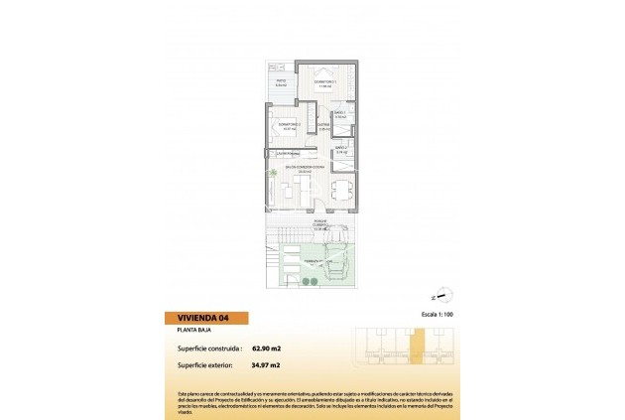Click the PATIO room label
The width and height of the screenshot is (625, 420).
[281, 82]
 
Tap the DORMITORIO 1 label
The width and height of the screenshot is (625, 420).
[325, 82]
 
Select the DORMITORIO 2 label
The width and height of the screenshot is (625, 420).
[291, 125]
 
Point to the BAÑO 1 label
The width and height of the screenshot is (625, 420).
[339, 115]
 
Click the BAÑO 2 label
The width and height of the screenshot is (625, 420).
[340, 149]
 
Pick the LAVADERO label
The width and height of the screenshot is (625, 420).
[287, 153]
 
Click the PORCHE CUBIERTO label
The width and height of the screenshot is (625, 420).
[320, 225]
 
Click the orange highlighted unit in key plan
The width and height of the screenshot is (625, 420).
[418, 348]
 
